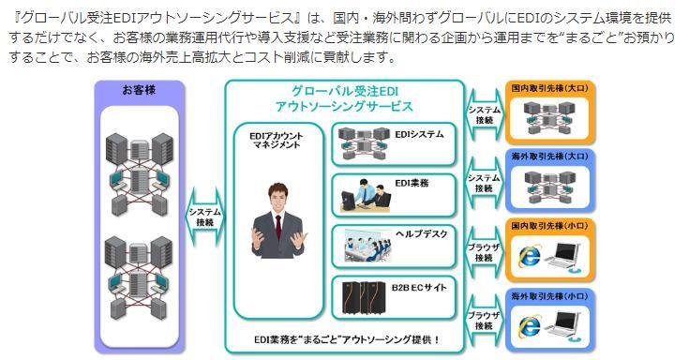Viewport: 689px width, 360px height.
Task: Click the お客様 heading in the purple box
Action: coord(139,90)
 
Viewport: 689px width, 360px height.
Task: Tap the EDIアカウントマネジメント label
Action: coord(276,141)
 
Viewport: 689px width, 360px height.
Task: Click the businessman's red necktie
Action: coord(277,227)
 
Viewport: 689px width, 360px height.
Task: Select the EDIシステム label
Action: coord(419,134)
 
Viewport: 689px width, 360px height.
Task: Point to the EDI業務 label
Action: coord(412,183)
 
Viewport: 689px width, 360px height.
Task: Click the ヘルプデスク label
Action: coord(422,233)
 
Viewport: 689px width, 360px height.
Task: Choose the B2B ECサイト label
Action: coord(419,288)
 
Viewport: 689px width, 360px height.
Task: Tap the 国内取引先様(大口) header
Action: coord(549,88)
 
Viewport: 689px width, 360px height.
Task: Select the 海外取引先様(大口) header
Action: coord(549,156)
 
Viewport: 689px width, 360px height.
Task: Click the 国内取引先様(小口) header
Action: coord(549,226)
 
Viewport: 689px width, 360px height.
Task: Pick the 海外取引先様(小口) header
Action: coord(549,296)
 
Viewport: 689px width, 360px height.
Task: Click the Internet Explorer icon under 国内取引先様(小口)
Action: coord(530,256)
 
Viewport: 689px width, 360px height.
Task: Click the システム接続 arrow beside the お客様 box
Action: coord(204,217)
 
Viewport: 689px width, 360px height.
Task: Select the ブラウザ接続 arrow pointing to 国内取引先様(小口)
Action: coord(485,253)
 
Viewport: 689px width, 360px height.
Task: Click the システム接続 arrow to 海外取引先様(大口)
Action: coord(485,183)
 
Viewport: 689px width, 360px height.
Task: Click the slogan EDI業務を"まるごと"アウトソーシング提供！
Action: coord(347,339)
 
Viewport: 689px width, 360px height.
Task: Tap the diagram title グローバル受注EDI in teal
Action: coord(345,92)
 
